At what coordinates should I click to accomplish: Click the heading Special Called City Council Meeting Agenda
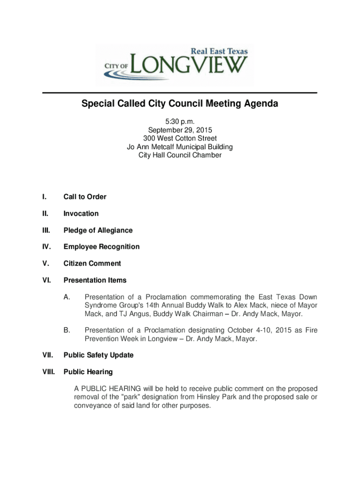coord(180,104)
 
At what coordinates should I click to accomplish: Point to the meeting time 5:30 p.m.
coord(180,121)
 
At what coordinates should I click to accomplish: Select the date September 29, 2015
coord(180,130)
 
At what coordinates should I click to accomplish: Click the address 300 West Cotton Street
coord(180,138)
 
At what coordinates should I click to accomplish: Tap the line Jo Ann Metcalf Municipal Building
coord(180,146)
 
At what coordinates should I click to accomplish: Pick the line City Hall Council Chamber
coord(180,155)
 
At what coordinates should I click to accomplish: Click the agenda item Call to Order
coord(85,197)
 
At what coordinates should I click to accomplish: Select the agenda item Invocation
coord(81,214)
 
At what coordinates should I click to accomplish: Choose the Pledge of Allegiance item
coord(98,230)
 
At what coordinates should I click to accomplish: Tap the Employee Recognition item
coord(101,247)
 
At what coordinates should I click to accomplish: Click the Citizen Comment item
coord(92,263)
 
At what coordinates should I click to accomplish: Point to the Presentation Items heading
coord(95,280)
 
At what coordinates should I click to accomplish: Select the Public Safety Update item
coord(98,355)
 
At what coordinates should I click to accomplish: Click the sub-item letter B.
coord(67,330)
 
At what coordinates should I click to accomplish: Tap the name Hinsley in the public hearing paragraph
coord(209,397)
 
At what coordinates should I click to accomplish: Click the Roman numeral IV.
coord(46,247)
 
